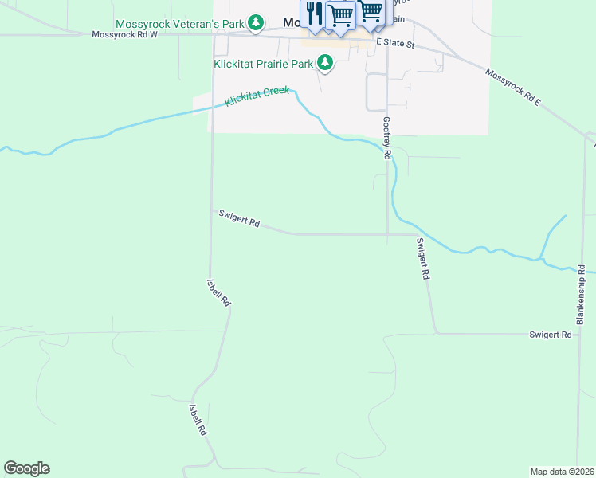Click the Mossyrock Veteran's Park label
click(179, 25)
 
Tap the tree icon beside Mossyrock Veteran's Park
click(255, 22)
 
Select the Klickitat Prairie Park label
click(262, 63)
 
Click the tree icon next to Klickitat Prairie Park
click(324, 62)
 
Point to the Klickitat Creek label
click(257, 96)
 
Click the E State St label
click(396, 42)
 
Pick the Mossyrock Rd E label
click(514, 88)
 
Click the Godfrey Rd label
click(386, 139)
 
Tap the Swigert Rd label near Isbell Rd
click(239, 218)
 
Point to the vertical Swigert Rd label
click(422, 258)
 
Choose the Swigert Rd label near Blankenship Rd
click(551, 335)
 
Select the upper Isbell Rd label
click(218, 292)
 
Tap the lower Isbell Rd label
click(198, 418)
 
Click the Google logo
click(26, 468)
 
